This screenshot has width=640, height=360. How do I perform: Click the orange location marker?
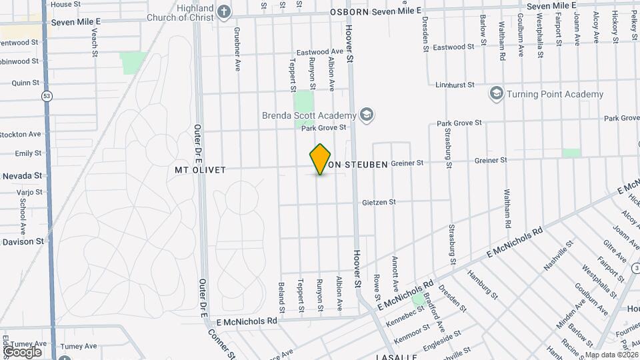coord(321,159)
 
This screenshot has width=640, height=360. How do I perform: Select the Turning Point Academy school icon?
coord(496,93)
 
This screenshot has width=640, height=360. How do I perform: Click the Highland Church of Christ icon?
coord(224,11)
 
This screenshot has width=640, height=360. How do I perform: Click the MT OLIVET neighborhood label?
coord(200,170)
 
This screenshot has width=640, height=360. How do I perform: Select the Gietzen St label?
coord(379,202)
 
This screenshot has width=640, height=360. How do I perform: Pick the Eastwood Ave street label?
coord(319,51)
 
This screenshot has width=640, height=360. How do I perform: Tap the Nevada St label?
coord(22,175)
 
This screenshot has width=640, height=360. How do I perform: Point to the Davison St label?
coord(22,241)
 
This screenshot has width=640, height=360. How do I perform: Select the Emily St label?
coord(28,153)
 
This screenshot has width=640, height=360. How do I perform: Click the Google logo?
coord(22,351)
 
